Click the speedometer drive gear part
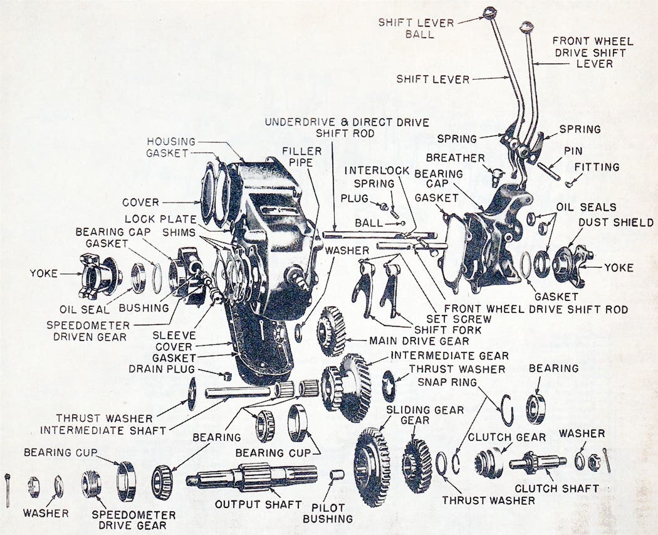(91, 484)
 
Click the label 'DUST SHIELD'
(615, 223)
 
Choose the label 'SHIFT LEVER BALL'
(416, 28)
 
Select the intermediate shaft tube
(238, 393)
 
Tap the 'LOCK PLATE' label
(156, 219)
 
